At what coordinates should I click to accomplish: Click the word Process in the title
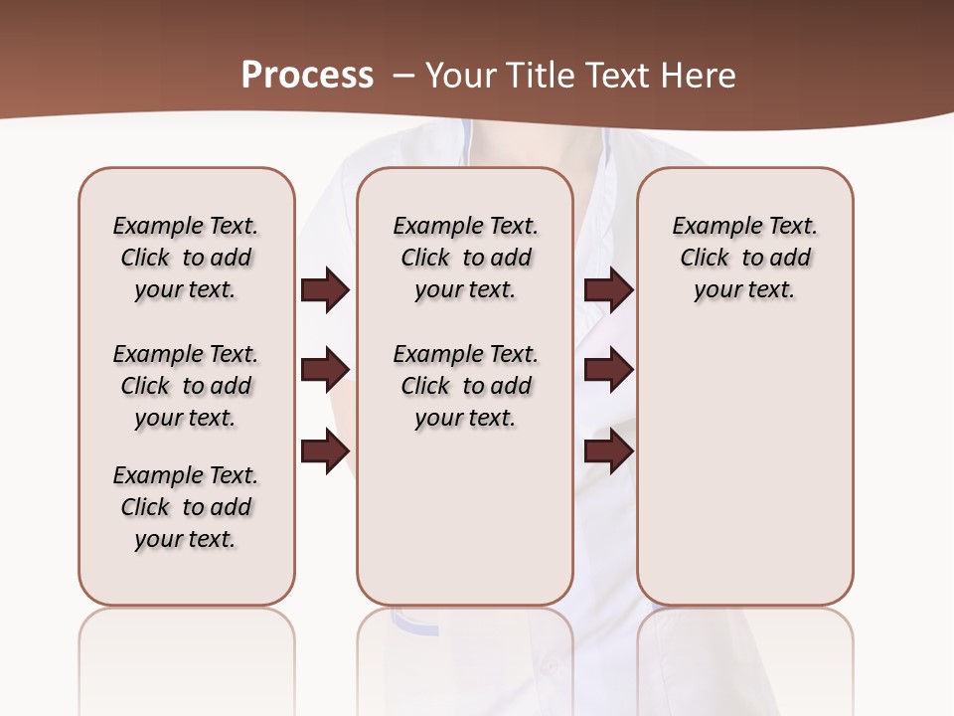click(x=307, y=76)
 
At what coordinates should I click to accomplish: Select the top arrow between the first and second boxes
click(x=325, y=290)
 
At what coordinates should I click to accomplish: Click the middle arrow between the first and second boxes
click(x=325, y=370)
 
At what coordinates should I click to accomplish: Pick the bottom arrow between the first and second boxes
click(x=325, y=451)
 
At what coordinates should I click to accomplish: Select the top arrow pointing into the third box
click(x=608, y=290)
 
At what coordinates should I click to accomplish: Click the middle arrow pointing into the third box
click(x=608, y=370)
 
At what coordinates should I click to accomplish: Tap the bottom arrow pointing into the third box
click(x=608, y=451)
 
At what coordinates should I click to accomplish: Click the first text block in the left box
click(x=186, y=258)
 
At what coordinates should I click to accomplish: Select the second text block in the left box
click(x=186, y=386)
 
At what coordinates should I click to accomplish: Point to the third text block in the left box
click(x=186, y=507)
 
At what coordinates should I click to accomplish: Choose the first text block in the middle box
click(x=465, y=258)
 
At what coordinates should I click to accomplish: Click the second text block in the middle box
click(x=465, y=386)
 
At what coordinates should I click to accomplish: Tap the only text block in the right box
click(x=744, y=258)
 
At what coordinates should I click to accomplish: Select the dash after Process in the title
click(x=401, y=76)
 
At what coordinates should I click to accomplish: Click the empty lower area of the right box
click(x=744, y=467)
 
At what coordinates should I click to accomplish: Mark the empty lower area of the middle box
click(x=465, y=517)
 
